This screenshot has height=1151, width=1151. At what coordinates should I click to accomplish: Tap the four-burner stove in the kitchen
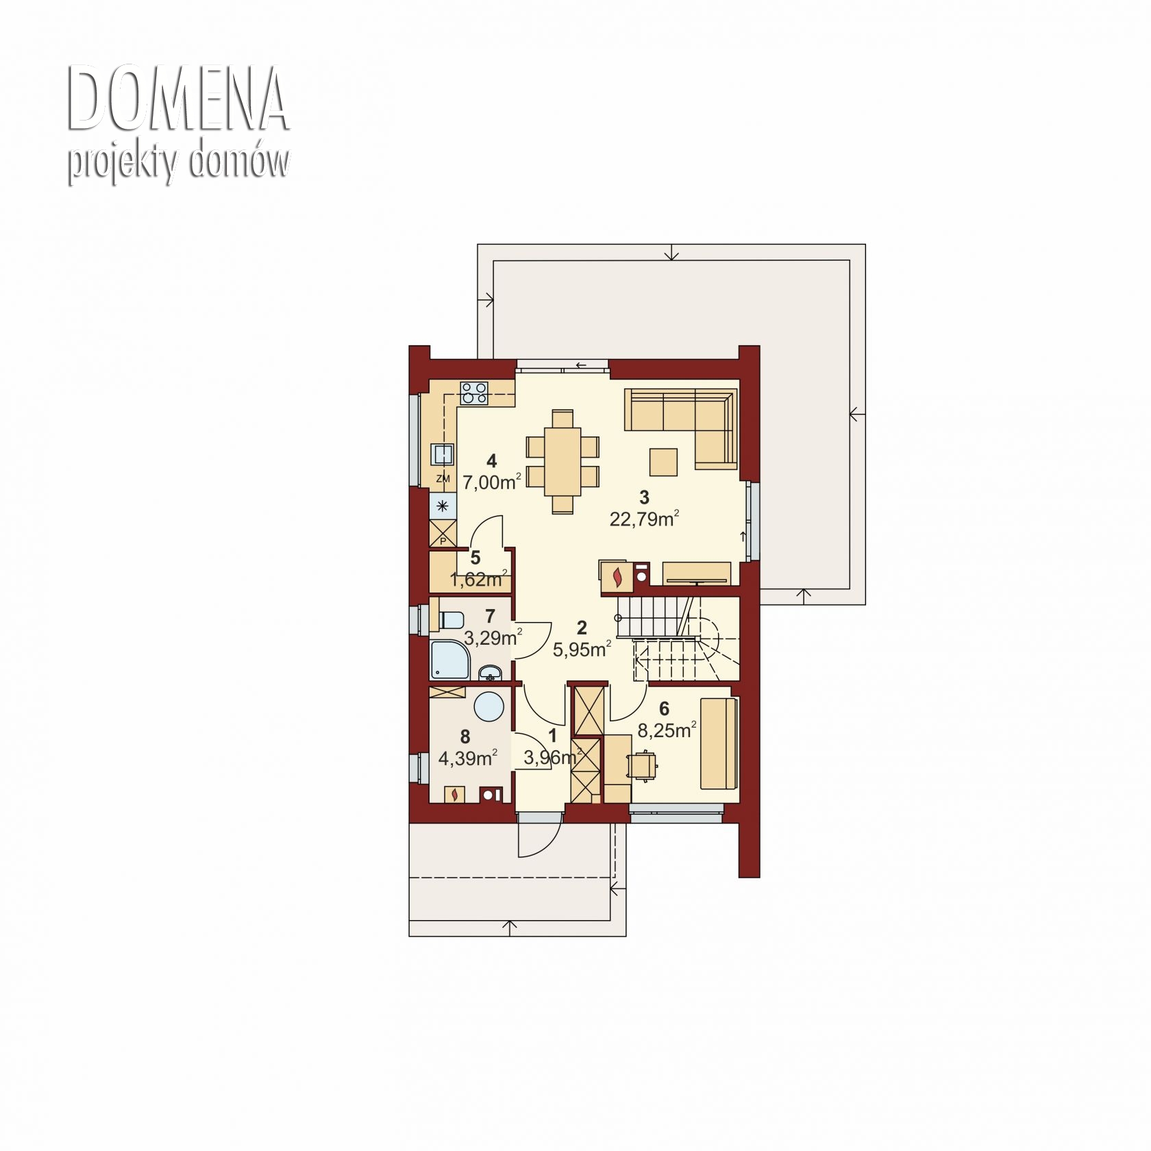tap(474, 392)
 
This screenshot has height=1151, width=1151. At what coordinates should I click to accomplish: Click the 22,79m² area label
tap(644, 519)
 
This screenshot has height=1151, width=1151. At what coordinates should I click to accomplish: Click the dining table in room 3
tap(562, 461)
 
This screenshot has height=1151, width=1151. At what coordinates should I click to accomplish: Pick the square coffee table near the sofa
tap(663, 461)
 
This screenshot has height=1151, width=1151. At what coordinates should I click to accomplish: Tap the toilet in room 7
tap(450, 619)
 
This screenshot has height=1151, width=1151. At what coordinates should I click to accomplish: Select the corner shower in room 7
tap(449, 660)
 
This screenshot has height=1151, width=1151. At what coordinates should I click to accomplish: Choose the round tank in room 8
tap(489, 706)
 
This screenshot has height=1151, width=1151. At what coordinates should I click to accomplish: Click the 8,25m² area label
tap(667, 730)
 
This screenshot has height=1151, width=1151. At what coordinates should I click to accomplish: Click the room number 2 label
tap(582, 627)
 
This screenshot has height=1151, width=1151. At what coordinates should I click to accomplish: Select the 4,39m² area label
tap(467, 758)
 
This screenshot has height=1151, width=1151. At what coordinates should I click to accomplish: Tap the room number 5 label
tap(475, 558)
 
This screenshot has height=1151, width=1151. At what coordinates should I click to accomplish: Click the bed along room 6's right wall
tap(718, 743)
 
